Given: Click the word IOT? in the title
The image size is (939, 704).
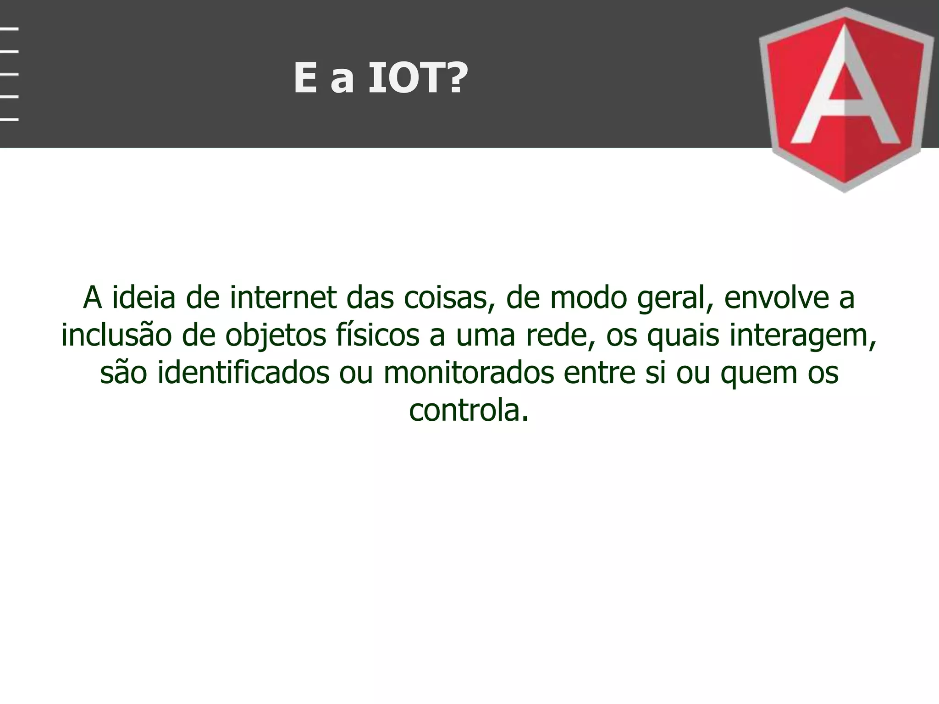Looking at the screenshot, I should pos(418,78).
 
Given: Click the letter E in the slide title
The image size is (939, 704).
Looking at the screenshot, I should pos(306,78).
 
